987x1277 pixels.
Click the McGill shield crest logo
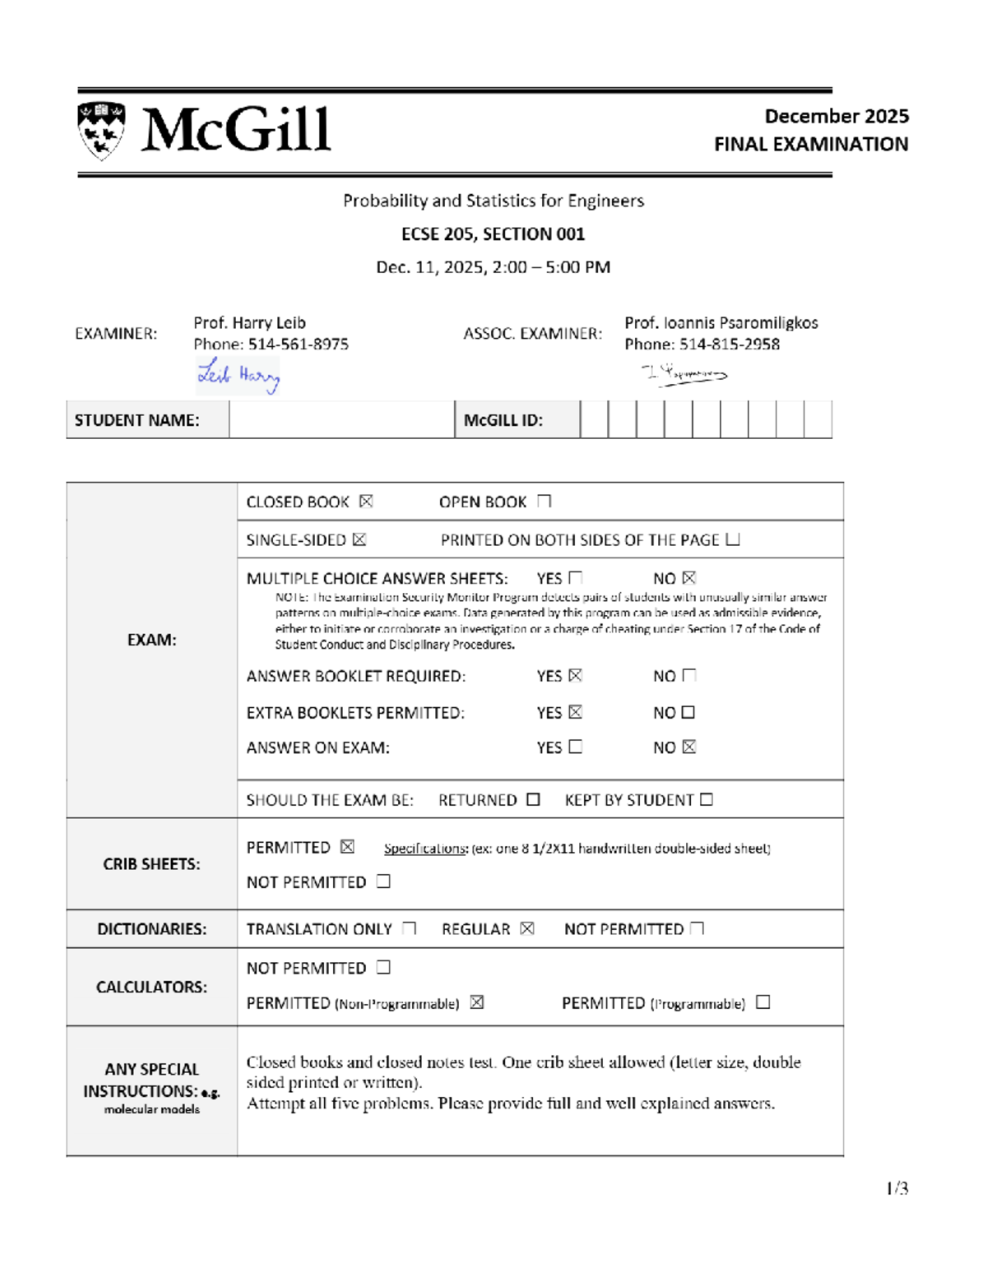101,130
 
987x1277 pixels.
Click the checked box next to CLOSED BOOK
366,502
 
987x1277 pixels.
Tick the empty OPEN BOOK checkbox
544,502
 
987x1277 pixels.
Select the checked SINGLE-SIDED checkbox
359,540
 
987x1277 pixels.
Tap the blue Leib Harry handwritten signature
239,376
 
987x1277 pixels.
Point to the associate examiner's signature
684,374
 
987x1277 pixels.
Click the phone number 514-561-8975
298,345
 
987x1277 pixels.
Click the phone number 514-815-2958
729,345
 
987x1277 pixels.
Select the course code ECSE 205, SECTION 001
493,234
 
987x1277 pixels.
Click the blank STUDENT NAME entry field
341,420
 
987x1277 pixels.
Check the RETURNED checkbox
533,800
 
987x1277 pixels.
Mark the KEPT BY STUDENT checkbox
707,800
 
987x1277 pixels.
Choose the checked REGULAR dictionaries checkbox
527,928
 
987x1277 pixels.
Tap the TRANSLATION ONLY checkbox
409,928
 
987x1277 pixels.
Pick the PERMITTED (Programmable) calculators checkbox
763,1002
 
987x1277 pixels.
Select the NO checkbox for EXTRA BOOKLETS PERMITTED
688,712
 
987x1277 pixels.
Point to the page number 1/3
897,1188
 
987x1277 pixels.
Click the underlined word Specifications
425,849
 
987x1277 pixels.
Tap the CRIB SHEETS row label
151,864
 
